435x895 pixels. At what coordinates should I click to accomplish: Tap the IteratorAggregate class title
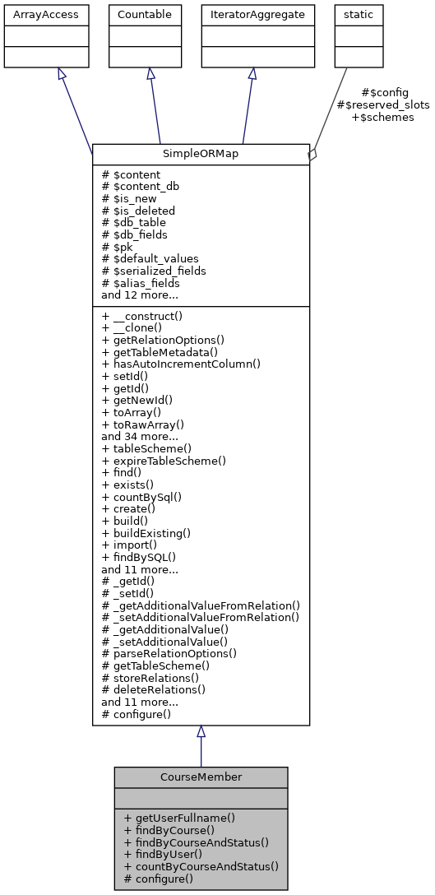pyautogui.click(x=252, y=14)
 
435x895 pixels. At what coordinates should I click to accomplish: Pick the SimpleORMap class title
pyautogui.click(x=201, y=154)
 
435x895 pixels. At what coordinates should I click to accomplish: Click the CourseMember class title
pyautogui.click(x=201, y=777)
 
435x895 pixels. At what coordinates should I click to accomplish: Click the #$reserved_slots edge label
pyautogui.click(x=383, y=105)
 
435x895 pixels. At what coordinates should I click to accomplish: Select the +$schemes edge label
pyautogui.click(x=382, y=118)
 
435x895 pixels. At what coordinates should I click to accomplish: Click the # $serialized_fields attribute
pyautogui.click(x=154, y=271)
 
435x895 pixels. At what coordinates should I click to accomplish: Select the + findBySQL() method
pyautogui.click(x=139, y=557)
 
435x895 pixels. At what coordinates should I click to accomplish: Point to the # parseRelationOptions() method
pyautogui.click(x=169, y=654)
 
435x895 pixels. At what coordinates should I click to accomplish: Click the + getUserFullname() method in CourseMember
pyautogui.click(x=179, y=818)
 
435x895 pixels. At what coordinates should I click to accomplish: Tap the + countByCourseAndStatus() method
pyautogui.click(x=201, y=866)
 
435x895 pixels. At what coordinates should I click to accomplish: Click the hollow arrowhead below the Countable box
pyautogui.click(x=151, y=74)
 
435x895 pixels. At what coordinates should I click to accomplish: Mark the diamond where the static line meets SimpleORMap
pyautogui.click(x=312, y=155)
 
